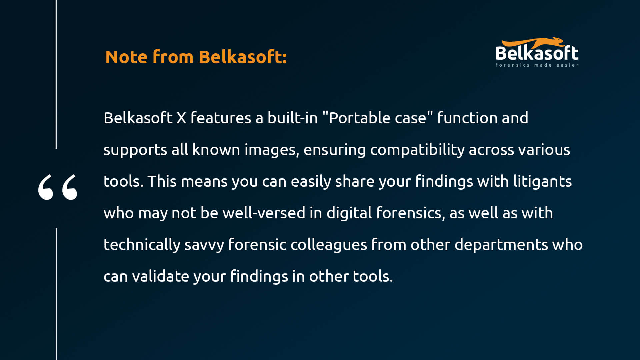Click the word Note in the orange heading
[x=126, y=57]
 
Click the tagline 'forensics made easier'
[x=537, y=65]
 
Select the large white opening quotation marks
[x=58, y=187]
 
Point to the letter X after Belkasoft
[x=181, y=118]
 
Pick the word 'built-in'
[x=293, y=118]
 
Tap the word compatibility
[x=417, y=150]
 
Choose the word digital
[x=349, y=213]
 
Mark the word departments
[x=501, y=245]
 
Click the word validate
[x=161, y=276]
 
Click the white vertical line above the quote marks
[x=56, y=74]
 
